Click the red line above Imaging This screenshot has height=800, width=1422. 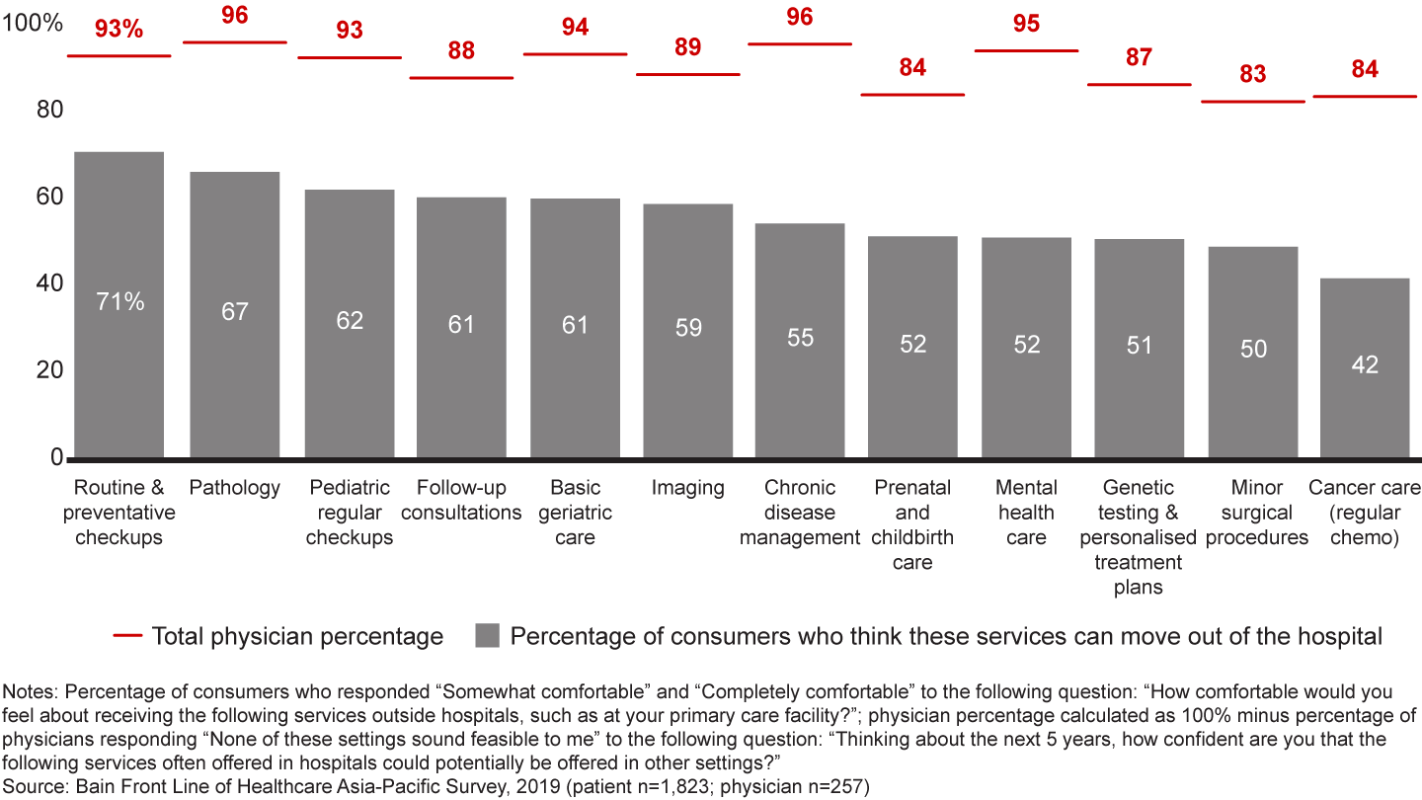687,74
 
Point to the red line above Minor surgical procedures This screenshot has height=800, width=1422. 1253,101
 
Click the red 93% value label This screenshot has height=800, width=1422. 119,30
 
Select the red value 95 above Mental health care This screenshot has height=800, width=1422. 1026,24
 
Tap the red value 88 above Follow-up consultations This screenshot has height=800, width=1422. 461,50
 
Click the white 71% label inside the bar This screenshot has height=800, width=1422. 120,302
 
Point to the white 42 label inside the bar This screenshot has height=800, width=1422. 1365,364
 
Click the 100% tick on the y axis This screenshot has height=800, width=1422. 33,24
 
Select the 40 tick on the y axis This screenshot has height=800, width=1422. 49,283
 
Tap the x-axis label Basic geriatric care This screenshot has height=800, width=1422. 575,513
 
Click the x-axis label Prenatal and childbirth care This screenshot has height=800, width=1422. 912,524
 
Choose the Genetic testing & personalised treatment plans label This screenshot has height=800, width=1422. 1139,537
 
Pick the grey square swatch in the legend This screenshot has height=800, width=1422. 487,636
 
